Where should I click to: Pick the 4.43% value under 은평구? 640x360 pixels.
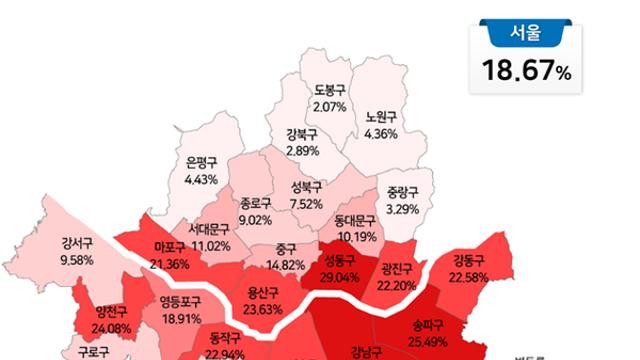point(203,179)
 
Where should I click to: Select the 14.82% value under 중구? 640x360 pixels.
point(286,264)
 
